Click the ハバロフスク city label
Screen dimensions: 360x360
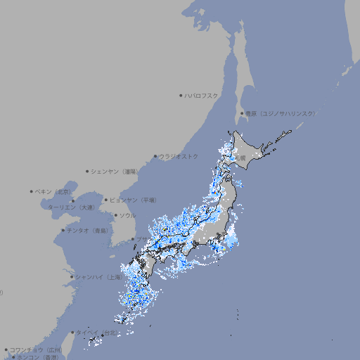pyautogui.click(x=202, y=95)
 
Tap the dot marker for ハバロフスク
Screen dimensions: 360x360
pyautogui.click(x=181, y=95)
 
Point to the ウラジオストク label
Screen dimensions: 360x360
pyautogui.click(x=179, y=156)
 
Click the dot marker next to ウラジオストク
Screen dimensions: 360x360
pyautogui.click(x=155, y=156)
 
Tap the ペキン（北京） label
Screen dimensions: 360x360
pyautogui.click(x=53, y=191)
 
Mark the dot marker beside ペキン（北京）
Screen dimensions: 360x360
pyautogui.click(x=32, y=191)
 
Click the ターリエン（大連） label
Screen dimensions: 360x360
pyautogui.click(x=71, y=208)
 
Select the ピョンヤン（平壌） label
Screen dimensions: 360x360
pyautogui.click(x=133, y=200)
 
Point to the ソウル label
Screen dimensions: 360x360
pyautogui.click(x=127, y=215)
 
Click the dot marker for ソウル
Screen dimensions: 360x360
pyautogui.click(x=115, y=215)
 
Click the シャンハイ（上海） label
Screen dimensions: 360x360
pyautogui.click(x=98, y=277)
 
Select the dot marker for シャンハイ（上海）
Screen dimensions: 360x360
pyautogui.click(x=72, y=277)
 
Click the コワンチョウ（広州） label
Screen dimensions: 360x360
pyautogui.click(x=36, y=349)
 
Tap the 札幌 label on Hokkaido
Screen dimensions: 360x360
pyautogui.click(x=241, y=158)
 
